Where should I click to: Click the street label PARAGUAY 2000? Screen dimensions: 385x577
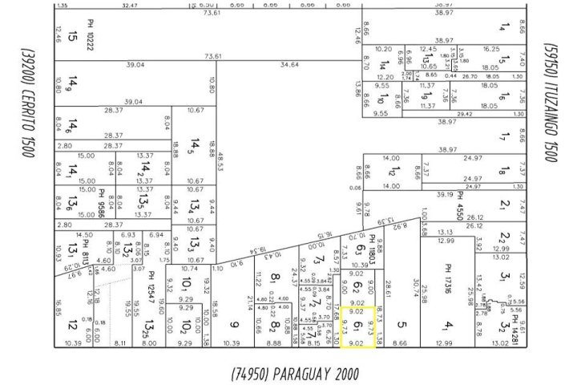293,374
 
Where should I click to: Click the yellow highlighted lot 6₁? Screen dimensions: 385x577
357,328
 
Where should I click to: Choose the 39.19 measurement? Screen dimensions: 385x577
445,195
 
